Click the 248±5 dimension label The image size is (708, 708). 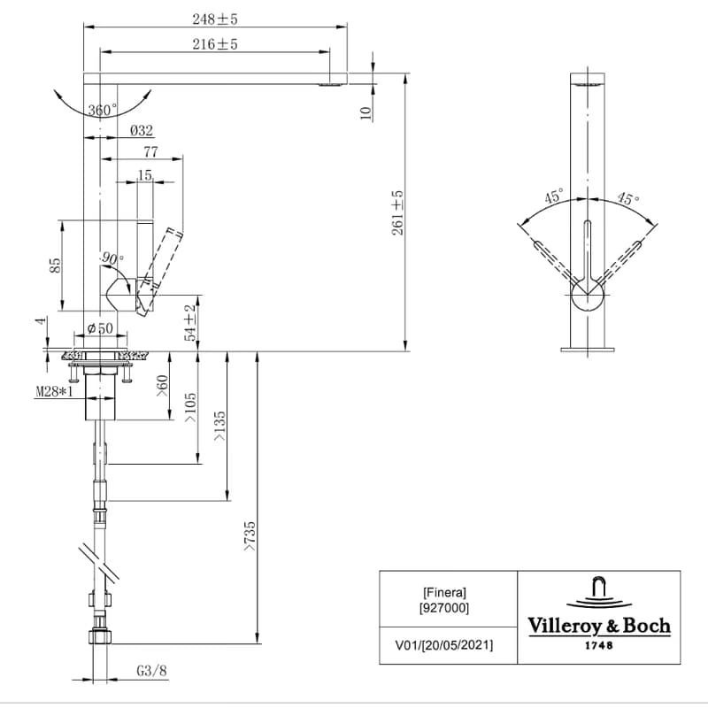pyautogui.click(x=215, y=19)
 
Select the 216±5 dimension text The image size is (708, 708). pyautogui.click(x=215, y=44)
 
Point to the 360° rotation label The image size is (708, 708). pyautogui.click(x=103, y=110)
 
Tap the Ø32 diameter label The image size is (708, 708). pyautogui.click(x=142, y=130)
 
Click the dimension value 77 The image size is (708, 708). pyautogui.click(x=150, y=151)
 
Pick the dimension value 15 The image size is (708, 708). pyautogui.click(x=145, y=174)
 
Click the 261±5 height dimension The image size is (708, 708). pyautogui.click(x=397, y=212)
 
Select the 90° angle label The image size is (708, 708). pyautogui.click(x=112, y=258)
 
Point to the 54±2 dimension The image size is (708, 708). pyautogui.click(x=190, y=322)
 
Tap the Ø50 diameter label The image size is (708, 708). pyautogui.click(x=100, y=328)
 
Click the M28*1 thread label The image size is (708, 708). pyautogui.click(x=54, y=391)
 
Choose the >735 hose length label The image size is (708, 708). pyautogui.click(x=250, y=536)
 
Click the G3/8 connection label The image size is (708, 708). pyautogui.click(x=151, y=671)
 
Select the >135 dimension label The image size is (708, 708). pyautogui.click(x=219, y=426)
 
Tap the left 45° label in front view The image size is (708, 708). pyautogui.click(x=554, y=196)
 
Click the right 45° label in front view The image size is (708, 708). pyautogui.click(x=628, y=197)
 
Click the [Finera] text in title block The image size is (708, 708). pyautogui.click(x=445, y=592)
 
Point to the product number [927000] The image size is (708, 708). pyautogui.click(x=445, y=608)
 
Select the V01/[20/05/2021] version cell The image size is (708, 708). pyautogui.click(x=444, y=645)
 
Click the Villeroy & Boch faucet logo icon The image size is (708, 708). pyautogui.click(x=600, y=592)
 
